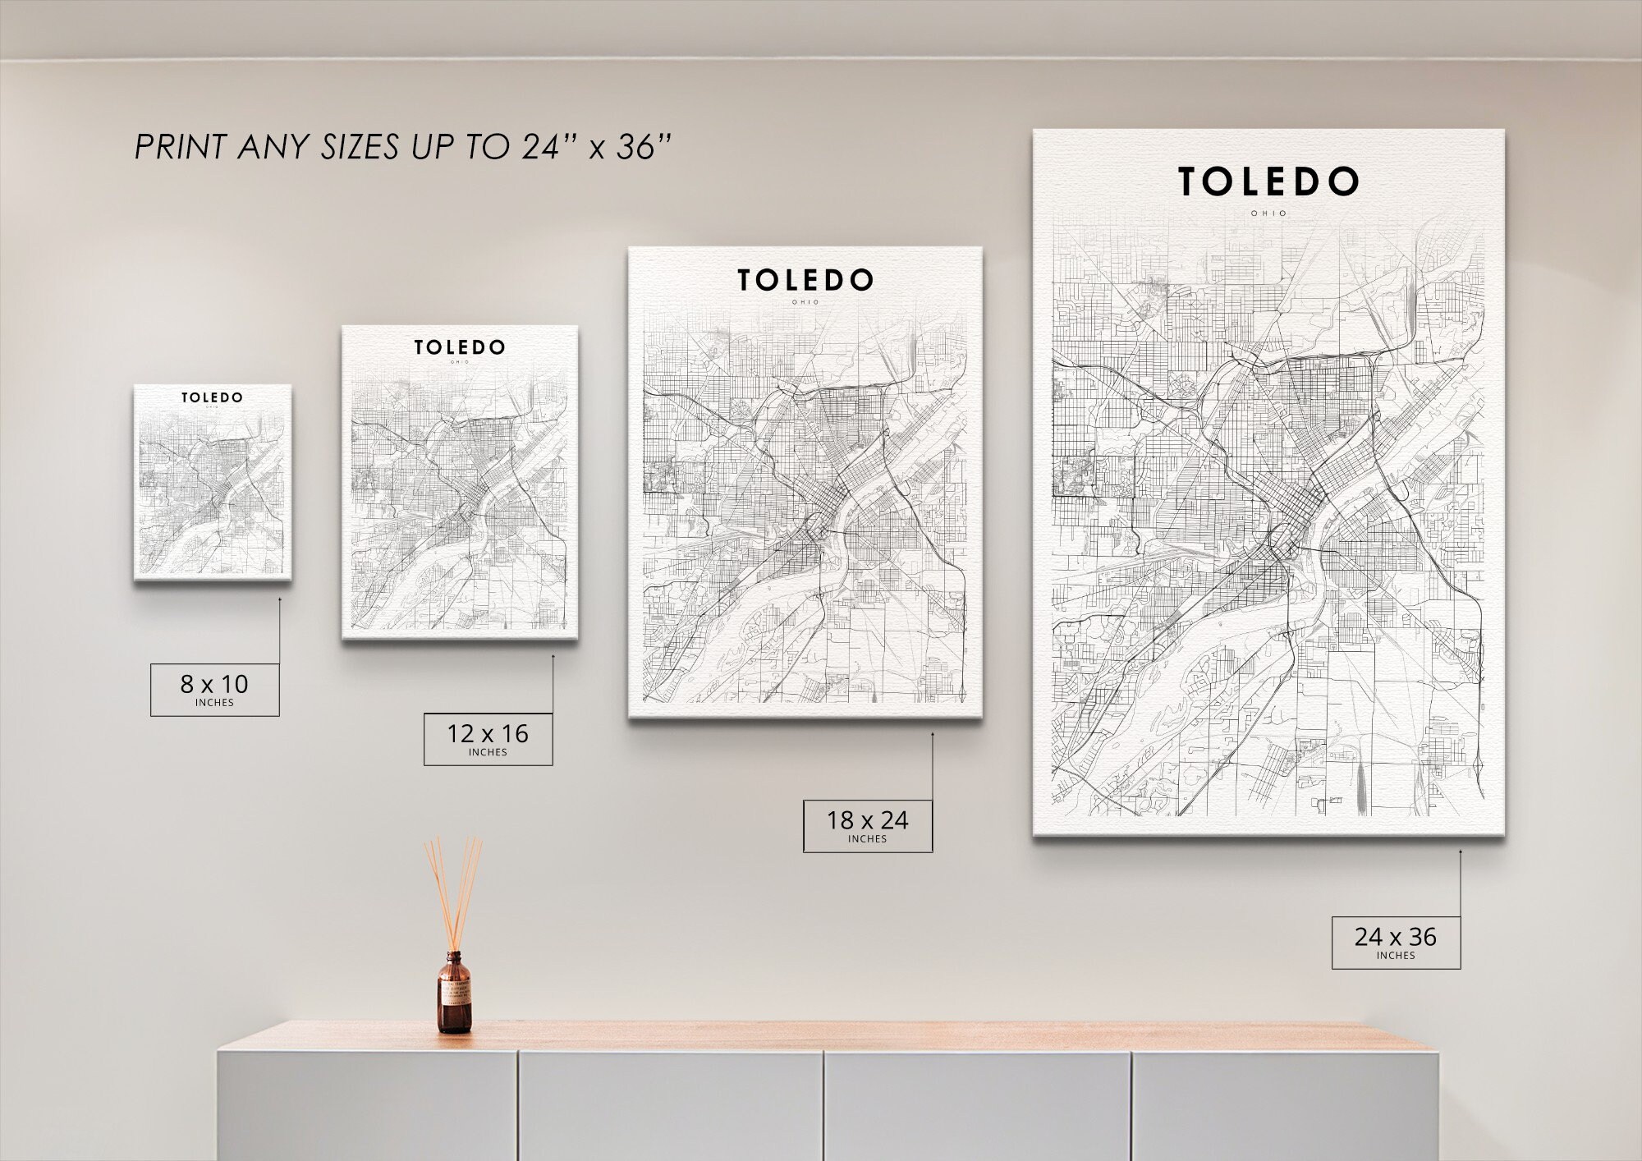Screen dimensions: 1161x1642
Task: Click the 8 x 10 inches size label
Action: coord(214,689)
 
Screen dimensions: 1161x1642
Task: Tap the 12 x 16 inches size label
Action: coord(488,738)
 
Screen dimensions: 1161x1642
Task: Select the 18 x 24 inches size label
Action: coord(868,825)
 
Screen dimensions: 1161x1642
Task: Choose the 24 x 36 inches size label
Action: coord(1396,942)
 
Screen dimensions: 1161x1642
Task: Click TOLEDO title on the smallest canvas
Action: coord(212,397)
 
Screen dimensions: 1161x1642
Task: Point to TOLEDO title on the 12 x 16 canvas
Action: coord(459,347)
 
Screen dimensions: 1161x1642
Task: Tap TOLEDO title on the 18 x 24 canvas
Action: coord(805,280)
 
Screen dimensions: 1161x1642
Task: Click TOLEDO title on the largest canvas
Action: coord(1268,182)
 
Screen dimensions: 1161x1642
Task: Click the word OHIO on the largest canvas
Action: coord(1269,213)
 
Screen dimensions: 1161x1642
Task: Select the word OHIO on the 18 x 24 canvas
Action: coord(805,302)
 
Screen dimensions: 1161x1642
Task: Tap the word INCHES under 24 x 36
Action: coord(1396,956)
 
